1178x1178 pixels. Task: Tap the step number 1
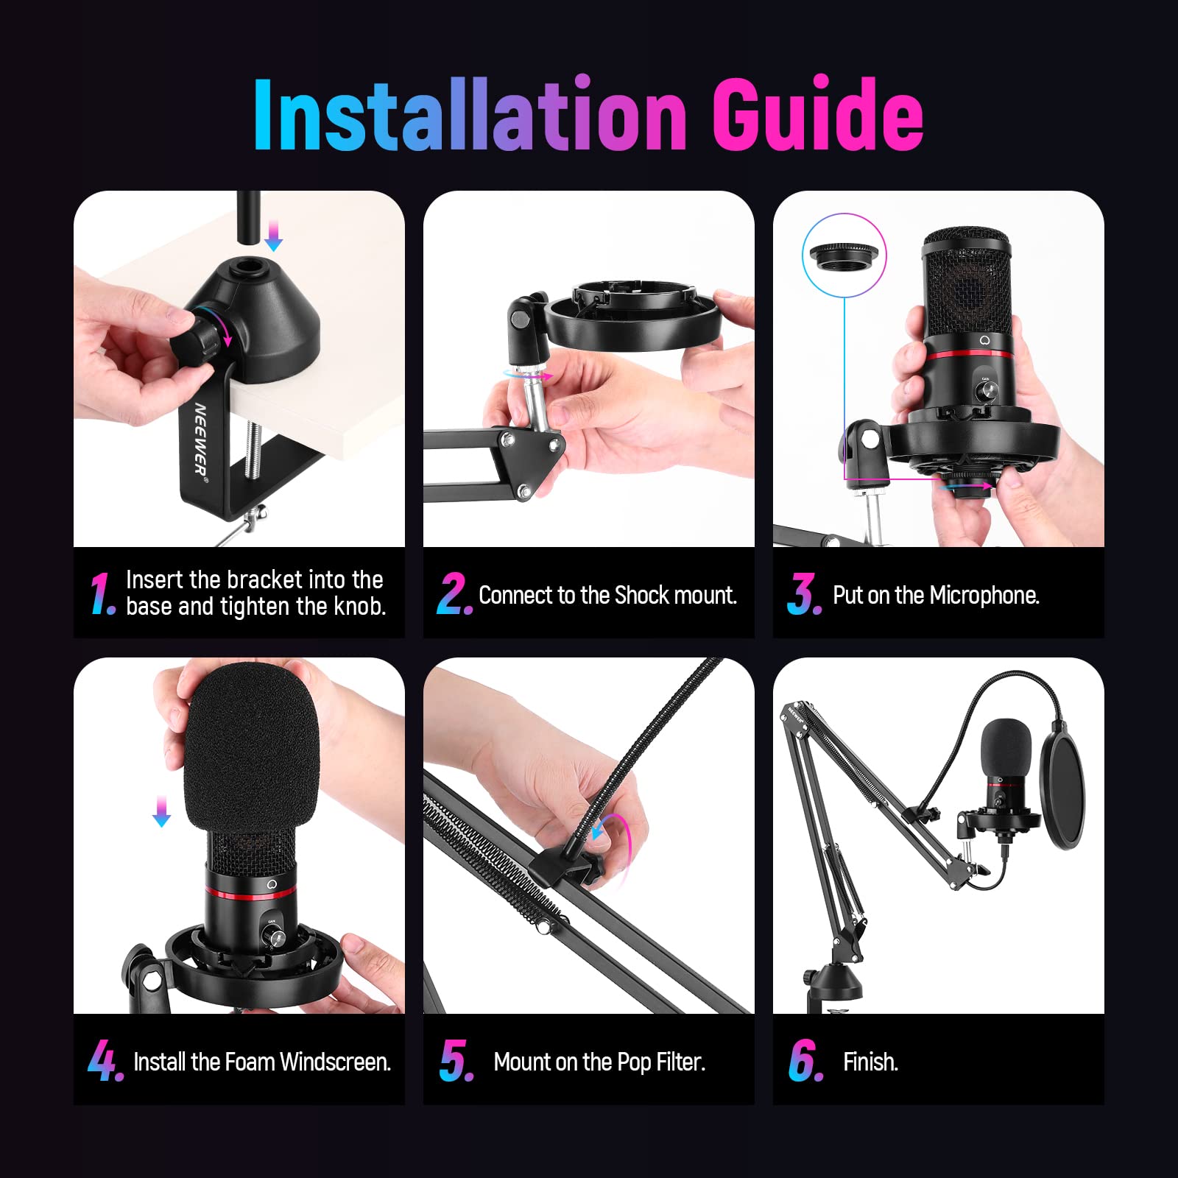pyautogui.click(x=102, y=593)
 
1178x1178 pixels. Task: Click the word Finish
pyautogui.click(x=870, y=1062)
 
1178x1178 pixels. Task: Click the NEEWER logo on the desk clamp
pyautogui.click(x=200, y=439)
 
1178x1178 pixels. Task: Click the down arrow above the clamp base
pyautogui.click(x=273, y=236)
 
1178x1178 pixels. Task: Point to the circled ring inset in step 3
pyautogui.click(x=844, y=255)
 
